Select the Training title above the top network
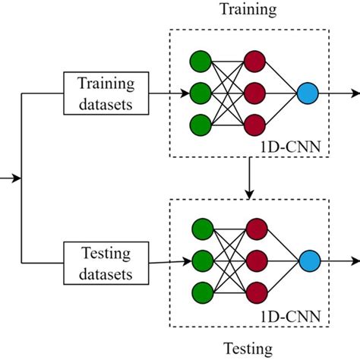(x=248, y=10)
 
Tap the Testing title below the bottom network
(x=248, y=349)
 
